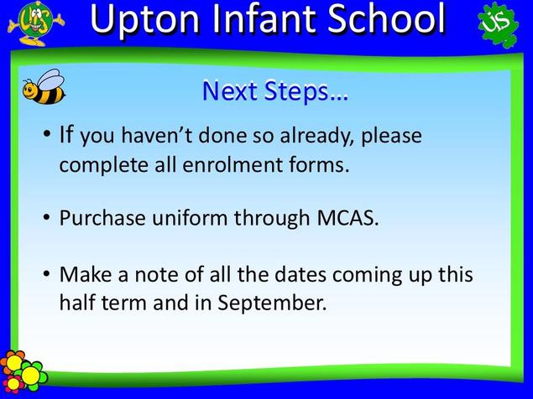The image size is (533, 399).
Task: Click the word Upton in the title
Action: tap(144, 19)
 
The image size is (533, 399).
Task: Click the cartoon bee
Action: tap(44, 86)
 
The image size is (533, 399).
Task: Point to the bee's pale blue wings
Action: tap(51, 80)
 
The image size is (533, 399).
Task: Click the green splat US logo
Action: tap(499, 24)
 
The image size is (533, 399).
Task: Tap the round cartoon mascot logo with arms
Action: tap(36, 23)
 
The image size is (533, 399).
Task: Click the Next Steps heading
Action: tap(274, 91)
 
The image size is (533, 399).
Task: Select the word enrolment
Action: tap(233, 164)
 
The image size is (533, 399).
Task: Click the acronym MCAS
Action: tap(347, 218)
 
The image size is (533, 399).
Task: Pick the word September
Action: tap(272, 303)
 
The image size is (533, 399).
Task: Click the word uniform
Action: tap(190, 218)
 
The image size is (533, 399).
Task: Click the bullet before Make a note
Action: tap(46, 273)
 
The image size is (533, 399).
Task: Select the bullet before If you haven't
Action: tap(46, 133)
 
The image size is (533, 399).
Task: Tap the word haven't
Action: tap(157, 135)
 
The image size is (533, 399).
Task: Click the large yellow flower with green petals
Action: tap(31, 374)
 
